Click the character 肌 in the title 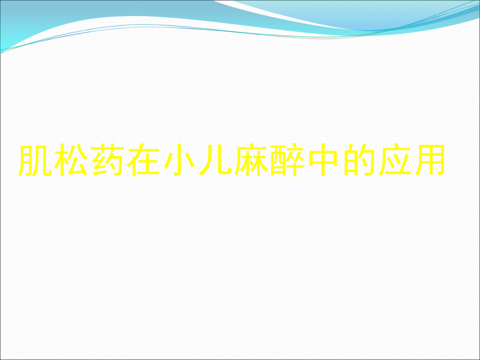(x=35, y=161)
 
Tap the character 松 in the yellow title (x=71, y=161)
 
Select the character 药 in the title (x=107, y=161)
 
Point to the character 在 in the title (x=142, y=161)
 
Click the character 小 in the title (x=178, y=161)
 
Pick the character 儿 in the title (x=214, y=161)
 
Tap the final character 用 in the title (x=428, y=161)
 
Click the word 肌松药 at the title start (x=71, y=161)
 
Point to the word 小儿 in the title (x=196, y=161)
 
